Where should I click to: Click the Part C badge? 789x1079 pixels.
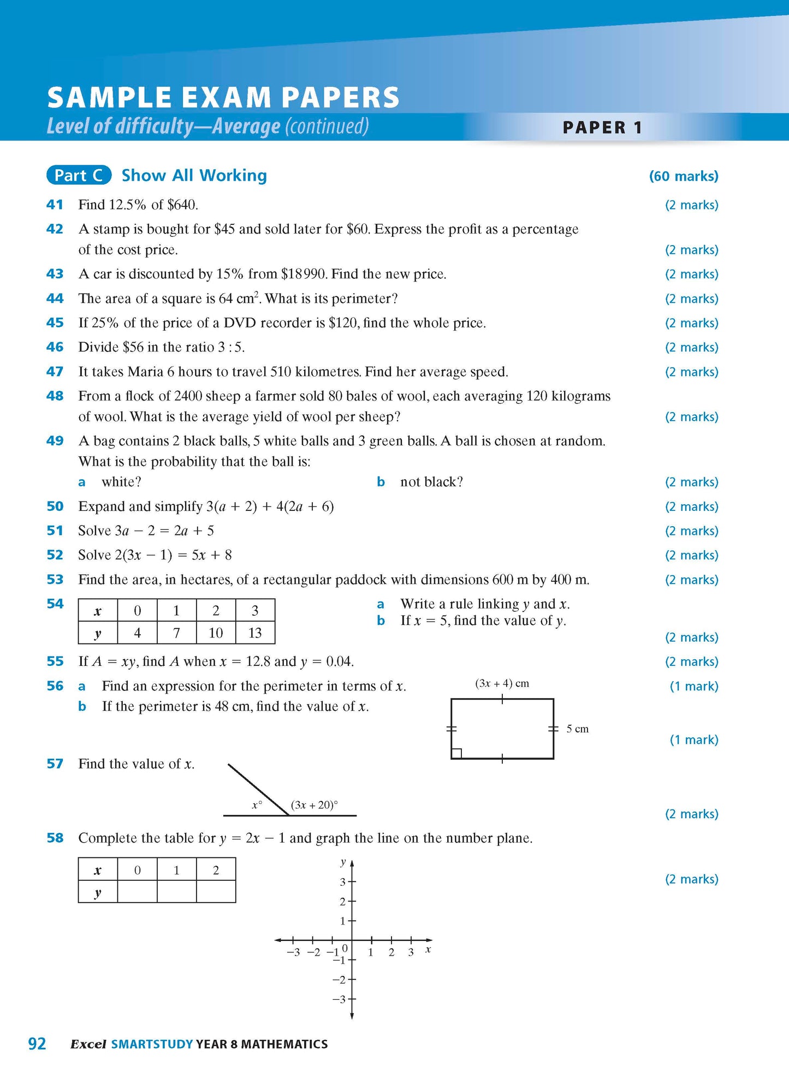pyautogui.click(x=79, y=175)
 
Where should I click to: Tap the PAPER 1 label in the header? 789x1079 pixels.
pyautogui.click(x=602, y=128)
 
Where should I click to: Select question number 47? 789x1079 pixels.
pyautogui.click(x=55, y=372)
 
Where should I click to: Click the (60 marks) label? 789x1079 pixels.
pyautogui.click(x=683, y=176)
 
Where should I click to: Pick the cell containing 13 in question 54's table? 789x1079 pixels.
pyautogui.click(x=255, y=633)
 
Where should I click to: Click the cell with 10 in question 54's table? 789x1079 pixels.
pyautogui.click(x=216, y=633)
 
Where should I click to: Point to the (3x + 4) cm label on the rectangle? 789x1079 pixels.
pyautogui.click(x=502, y=683)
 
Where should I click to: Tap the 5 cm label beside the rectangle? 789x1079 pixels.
pyautogui.click(x=577, y=729)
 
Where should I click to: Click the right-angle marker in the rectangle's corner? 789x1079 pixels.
pyautogui.click(x=457, y=753)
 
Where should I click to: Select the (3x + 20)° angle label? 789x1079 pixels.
pyautogui.click(x=314, y=804)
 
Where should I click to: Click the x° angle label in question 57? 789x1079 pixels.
pyautogui.click(x=257, y=804)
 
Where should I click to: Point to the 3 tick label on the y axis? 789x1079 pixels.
pyautogui.click(x=343, y=881)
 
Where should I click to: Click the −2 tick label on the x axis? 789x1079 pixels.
pyautogui.click(x=313, y=952)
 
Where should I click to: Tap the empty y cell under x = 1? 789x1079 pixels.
pyautogui.click(x=176, y=893)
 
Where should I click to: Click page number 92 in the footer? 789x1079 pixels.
pyautogui.click(x=37, y=1044)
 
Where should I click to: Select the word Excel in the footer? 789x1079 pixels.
pyautogui.click(x=88, y=1044)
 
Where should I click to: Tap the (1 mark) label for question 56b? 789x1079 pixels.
pyautogui.click(x=693, y=740)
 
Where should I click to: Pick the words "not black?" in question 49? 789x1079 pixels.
pyautogui.click(x=431, y=482)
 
